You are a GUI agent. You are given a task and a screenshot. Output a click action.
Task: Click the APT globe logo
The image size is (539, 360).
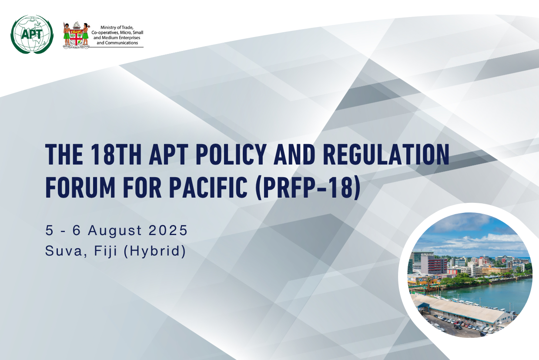pyautogui.click(x=32, y=34)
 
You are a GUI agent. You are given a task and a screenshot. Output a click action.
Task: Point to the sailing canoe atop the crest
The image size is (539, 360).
pyautogui.click(x=76, y=25)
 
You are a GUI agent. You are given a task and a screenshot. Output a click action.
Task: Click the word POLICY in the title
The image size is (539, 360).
pyautogui.click(x=231, y=154)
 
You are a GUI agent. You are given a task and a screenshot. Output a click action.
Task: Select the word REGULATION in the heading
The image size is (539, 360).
pyautogui.click(x=386, y=154)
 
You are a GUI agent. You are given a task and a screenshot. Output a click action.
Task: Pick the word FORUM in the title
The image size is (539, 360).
pyautogui.click(x=80, y=187)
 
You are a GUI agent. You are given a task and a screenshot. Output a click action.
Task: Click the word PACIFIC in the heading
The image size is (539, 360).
pyautogui.click(x=208, y=187)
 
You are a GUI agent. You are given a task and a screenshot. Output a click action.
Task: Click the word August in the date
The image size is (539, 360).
pyautogui.click(x=115, y=230)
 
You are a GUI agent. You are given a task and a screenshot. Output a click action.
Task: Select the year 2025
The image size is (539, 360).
pyautogui.click(x=168, y=230)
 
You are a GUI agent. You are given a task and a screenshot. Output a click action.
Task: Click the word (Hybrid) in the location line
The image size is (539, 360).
pyautogui.click(x=155, y=251)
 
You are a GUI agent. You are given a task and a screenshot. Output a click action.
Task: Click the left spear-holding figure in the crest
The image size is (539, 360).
pyautogui.click(x=67, y=34)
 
